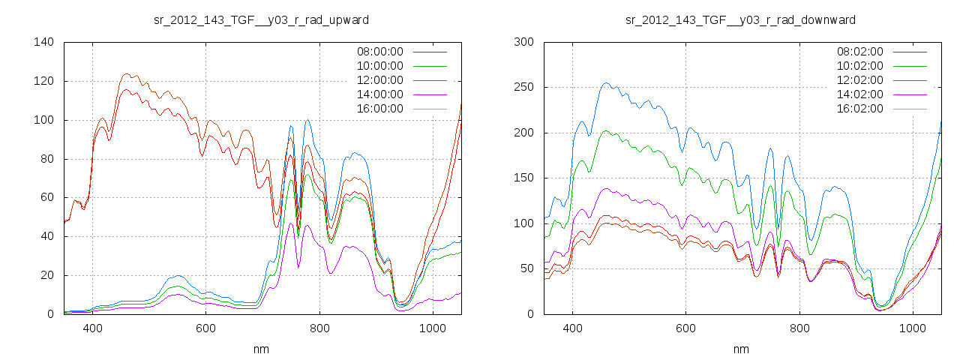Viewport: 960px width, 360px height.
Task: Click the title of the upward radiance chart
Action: point(261,19)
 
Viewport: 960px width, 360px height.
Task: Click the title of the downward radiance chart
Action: point(741,19)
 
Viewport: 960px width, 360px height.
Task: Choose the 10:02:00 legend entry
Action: point(859,66)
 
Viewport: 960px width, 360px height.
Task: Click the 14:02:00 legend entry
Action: point(859,94)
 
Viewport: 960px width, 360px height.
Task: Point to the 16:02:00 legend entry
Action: point(859,109)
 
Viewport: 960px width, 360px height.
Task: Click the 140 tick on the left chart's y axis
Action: point(43,42)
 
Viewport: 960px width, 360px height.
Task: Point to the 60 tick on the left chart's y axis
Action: point(46,197)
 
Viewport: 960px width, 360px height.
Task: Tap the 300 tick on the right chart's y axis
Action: point(523,42)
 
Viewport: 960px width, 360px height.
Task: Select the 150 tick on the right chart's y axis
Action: point(523,178)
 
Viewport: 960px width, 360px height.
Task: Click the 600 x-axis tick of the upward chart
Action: point(206,328)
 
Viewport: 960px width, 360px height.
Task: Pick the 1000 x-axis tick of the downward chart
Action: point(912,328)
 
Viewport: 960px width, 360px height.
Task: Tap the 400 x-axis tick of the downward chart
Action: point(572,328)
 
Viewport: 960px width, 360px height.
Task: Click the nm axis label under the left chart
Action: point(262,349)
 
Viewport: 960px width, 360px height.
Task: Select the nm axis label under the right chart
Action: point(741,349)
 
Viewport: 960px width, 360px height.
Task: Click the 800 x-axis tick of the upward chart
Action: point(319,328)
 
